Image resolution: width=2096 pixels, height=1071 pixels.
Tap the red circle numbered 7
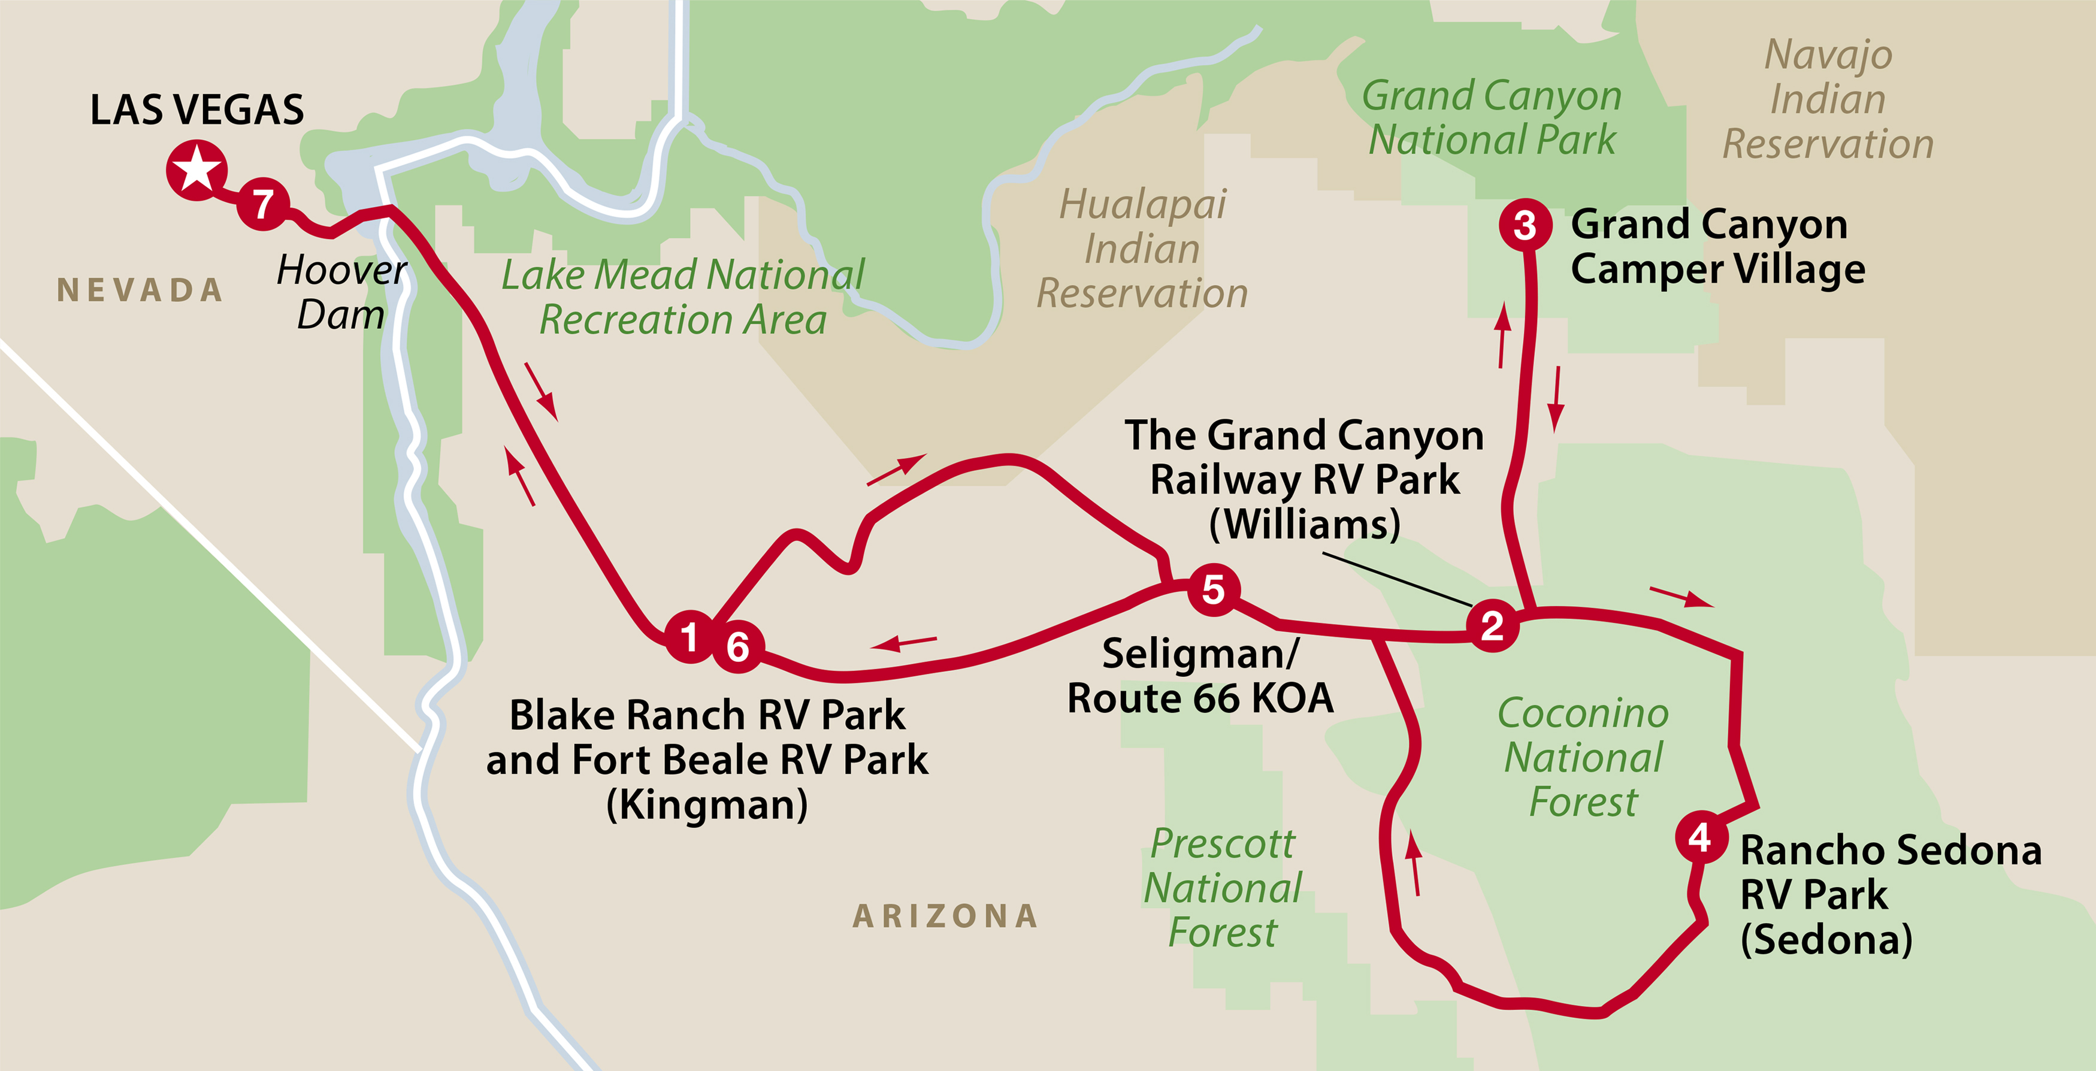(x=262, y=204)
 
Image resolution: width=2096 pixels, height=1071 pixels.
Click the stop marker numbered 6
(x=738, y=646)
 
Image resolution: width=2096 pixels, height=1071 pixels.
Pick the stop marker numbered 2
(x=1492, y=625)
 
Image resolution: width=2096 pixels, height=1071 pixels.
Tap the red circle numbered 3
(x=1525, y=225)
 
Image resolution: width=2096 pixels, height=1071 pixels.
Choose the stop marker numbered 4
(x=1701, y=837)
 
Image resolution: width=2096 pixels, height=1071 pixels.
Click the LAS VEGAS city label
(x=197, y=110)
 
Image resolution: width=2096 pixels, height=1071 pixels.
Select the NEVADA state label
(x=140, y=291)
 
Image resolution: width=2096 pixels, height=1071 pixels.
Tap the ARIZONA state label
(x=945, y=916)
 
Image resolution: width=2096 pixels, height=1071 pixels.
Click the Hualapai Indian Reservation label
(x=1142, y=248)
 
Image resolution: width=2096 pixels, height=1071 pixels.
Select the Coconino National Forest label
(x=1583, y=757)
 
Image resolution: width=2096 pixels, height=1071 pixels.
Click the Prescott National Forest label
(x=1222, y=888)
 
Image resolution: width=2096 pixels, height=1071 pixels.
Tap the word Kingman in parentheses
(x=707, y=805)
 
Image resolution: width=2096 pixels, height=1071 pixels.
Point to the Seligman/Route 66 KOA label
(x=1200, y=676)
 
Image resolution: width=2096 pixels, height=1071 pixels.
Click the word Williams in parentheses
(x=1304, y=524)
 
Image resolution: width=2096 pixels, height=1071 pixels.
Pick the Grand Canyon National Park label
(x=1492, y=117)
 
